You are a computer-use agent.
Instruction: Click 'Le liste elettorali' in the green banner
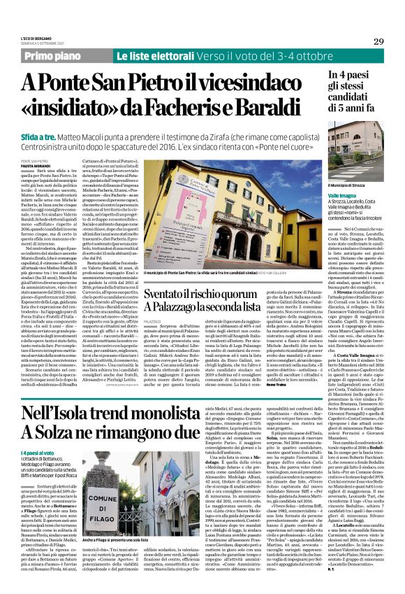(x=149, y=55)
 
